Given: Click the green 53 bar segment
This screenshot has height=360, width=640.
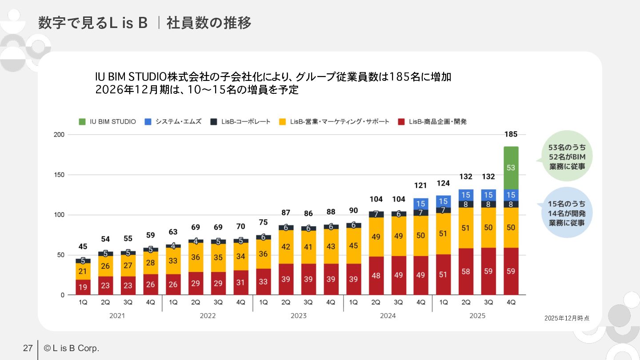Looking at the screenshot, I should click(511, 168).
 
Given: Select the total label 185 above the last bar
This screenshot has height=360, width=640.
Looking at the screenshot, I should click(511, 134).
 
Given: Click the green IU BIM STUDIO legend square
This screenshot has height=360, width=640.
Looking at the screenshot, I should click(82, 121).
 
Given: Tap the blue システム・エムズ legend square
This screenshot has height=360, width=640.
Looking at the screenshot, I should click(148, 121).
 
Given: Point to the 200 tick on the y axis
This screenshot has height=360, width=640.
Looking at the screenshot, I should click(59, 135).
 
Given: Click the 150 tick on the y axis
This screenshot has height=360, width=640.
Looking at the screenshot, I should click(59, 175).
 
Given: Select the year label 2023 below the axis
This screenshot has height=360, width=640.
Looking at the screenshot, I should click(298, 316).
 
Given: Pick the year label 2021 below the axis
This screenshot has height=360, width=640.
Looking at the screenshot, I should click(117, 316).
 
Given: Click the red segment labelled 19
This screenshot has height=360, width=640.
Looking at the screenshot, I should click(83, 287).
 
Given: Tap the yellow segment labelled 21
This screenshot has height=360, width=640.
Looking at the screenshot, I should click(83, 271).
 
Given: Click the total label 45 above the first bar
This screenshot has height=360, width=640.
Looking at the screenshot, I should click(83, 246).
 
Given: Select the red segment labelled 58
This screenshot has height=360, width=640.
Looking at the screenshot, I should click(466, 271).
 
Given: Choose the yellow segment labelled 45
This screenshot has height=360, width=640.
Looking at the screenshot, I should click(353, 245).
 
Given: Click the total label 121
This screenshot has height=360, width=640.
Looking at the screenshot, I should click(420, 185).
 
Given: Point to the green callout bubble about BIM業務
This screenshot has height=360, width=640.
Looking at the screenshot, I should click(566, 156).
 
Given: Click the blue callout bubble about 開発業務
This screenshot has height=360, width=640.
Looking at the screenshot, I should click(566, 213).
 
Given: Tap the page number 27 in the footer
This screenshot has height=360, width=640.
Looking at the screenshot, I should click(28, 348).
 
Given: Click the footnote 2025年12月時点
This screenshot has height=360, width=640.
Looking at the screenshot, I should click(567, 318).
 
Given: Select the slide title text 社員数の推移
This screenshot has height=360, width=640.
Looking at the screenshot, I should click(209, 23).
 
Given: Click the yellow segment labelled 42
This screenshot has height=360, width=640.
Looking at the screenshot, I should click(286, 247).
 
